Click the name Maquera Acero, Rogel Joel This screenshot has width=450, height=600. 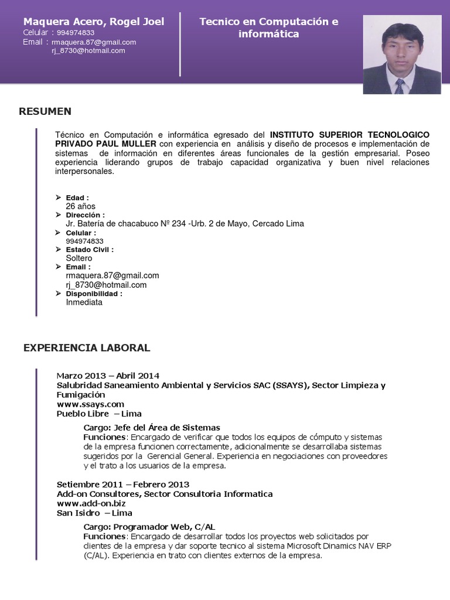coord(94,22)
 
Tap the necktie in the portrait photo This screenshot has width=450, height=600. coord(400,87)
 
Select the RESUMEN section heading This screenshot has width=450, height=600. coord(45,111)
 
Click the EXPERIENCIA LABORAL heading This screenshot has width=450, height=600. coord(87,348)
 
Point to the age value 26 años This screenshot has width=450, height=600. coord(81,206)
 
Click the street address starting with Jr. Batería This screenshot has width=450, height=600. coord(185,223)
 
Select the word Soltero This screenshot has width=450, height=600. coord(79,258)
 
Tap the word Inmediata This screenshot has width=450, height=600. coord(84,302)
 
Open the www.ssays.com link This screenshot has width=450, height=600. coord(90,404)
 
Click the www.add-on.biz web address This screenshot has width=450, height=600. coord(91,503)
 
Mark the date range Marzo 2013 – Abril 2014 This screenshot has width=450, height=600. coord(108,376)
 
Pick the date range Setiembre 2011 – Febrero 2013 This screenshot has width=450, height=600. coord(123,484)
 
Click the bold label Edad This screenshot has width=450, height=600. coord(77,198)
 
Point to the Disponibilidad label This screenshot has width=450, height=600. coord(94,294)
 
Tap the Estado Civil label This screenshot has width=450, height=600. coord(90,250)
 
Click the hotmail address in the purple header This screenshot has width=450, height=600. coord(88,50)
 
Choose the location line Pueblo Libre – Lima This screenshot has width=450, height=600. coord(99,414)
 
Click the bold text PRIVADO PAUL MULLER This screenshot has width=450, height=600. coord(105,144)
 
